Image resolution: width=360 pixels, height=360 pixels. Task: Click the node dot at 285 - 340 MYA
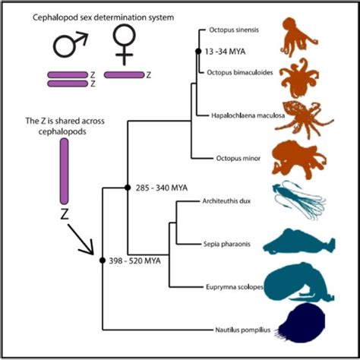(127, 186)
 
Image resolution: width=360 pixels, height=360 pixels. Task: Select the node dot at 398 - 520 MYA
(103, 261)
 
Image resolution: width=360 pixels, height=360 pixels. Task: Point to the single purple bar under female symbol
(123, 75)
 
